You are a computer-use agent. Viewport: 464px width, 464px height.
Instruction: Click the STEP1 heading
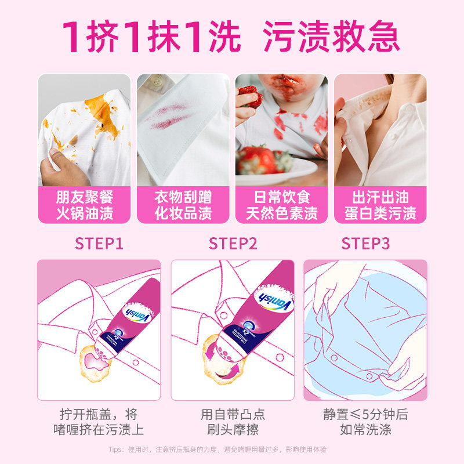coord(99,243)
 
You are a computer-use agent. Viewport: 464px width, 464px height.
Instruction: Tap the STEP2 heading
coord(233,243)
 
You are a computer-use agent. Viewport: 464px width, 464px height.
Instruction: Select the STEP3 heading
coord(365,243)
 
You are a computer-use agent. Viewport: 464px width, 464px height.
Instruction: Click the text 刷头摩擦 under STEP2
coord(233,430)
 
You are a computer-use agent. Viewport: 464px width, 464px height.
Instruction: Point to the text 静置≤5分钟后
coord(365,414)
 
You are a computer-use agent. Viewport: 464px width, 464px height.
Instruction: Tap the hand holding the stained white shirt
coord(58,165)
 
